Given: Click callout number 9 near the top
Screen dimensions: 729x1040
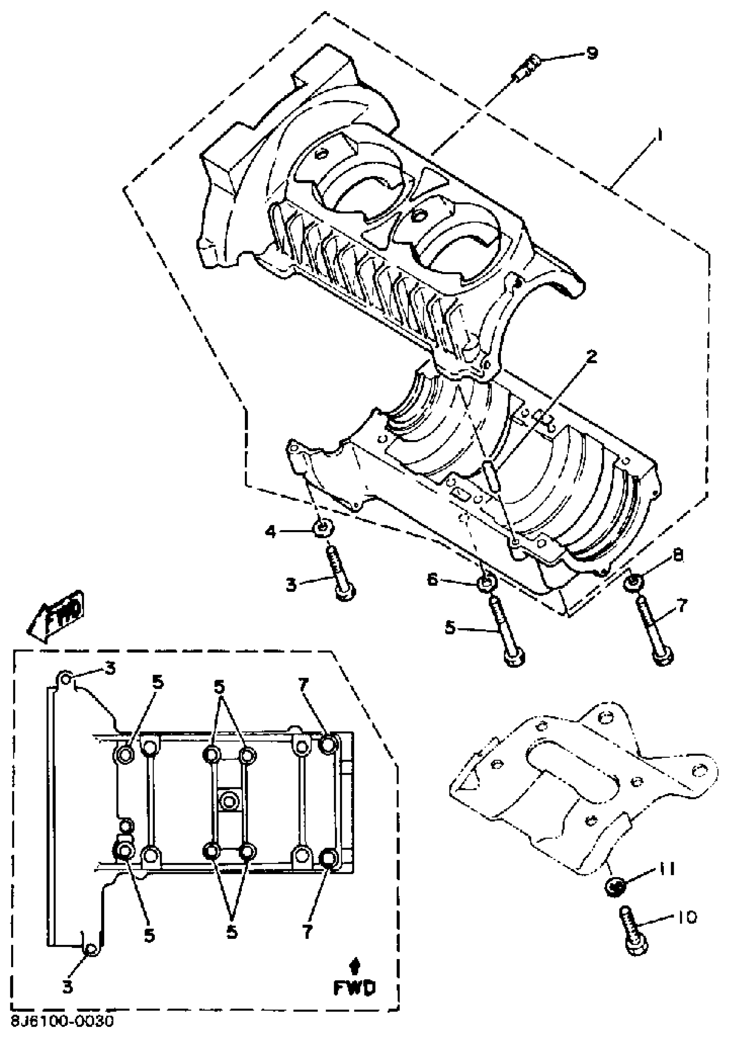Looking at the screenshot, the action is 591,53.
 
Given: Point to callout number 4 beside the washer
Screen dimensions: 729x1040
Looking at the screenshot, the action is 270,531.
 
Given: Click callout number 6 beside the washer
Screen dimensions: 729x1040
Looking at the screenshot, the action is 433,580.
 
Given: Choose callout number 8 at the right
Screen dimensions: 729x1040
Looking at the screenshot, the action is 678,556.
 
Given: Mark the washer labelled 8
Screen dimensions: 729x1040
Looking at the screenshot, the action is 632,582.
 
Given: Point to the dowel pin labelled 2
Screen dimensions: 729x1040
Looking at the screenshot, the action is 491,475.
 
